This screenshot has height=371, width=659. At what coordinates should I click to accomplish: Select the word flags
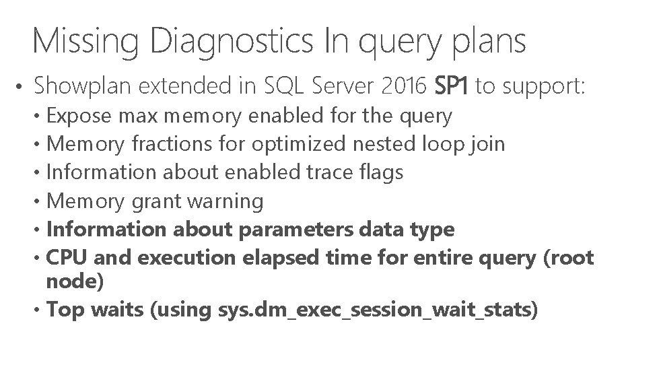(382, 172)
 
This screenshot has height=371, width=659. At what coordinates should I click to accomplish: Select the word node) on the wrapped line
(75, 281)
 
